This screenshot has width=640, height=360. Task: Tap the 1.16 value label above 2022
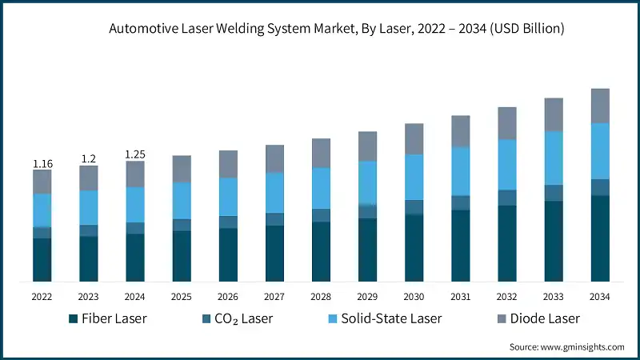[42, 164]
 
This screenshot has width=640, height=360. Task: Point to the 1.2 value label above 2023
[89, 159]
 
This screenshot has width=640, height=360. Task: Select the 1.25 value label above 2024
[135, 154]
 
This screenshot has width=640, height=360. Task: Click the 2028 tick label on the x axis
[321, 296]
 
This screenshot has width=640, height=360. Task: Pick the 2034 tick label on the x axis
[600, 296]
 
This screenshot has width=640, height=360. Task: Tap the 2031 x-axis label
[461, 296]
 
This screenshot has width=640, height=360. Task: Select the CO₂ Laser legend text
[246, 319]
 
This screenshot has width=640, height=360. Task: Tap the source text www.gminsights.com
[566, 346]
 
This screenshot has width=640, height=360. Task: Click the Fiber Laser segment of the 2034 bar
[600, 238]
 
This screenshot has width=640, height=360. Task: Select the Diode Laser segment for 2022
[42, 182]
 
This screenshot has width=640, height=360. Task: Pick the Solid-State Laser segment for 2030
[414, 177]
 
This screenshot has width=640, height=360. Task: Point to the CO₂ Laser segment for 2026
[228, 222]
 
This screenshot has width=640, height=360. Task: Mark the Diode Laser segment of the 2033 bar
[554, 114]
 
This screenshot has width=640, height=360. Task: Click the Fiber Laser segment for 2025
[182, 256]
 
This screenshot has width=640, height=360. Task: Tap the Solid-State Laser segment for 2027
[274, 193]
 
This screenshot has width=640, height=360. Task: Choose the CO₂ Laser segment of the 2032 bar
[507, 198]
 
